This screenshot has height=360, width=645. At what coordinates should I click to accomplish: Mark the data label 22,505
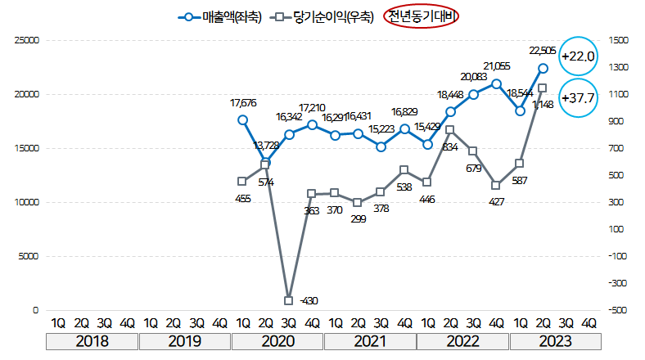(x=544, y=50)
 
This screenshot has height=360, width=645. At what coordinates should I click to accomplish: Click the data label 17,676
(x=243, y=103)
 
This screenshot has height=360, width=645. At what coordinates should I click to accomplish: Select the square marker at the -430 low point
(x=289, y=300)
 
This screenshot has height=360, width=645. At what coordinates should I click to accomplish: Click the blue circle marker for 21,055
(x=497, y=83)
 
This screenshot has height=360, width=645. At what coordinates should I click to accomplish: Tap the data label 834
(x=449, y=147)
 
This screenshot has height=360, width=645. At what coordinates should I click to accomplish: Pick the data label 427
(x=497, y=201)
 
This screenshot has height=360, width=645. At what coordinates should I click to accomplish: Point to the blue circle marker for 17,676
(x=242, y=119)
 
